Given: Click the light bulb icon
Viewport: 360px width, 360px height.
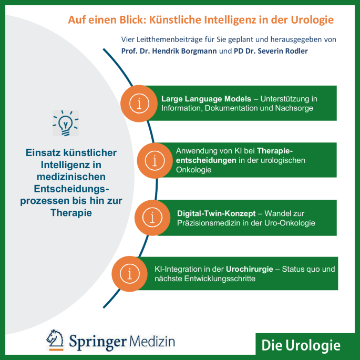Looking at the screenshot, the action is click(66, 124).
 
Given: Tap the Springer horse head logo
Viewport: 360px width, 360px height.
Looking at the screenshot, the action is click(55, 340).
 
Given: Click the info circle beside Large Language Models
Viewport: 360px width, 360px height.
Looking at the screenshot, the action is click(139, 104).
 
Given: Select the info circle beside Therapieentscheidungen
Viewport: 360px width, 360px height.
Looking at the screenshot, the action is click(155, 160).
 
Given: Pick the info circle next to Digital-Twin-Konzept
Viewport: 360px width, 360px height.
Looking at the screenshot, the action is click(152, 218).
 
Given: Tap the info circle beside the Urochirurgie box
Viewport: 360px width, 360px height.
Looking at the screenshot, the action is click(129, 274).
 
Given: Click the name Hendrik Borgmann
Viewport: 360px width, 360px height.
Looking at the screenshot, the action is click(184, 51).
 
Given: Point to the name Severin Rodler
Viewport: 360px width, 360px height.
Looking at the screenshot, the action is click(283, 51).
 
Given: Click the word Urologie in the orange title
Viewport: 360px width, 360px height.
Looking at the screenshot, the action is click(312, 20).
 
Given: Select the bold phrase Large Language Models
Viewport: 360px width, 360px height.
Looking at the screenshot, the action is click(206, 99).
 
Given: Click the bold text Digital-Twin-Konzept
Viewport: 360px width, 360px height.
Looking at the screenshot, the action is click(217, 213).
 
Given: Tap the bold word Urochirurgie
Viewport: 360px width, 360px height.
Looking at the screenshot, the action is click(249, 269).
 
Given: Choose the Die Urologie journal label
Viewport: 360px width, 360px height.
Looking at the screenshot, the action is click(301, 345).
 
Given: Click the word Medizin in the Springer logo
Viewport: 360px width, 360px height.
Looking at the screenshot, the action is click(152, 342).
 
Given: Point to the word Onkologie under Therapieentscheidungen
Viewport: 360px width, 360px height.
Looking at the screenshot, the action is click(193, 170).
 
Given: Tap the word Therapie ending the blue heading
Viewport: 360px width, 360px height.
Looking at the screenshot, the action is click(71, 213).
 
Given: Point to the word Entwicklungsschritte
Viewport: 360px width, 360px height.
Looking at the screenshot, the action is click(220, 279).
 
